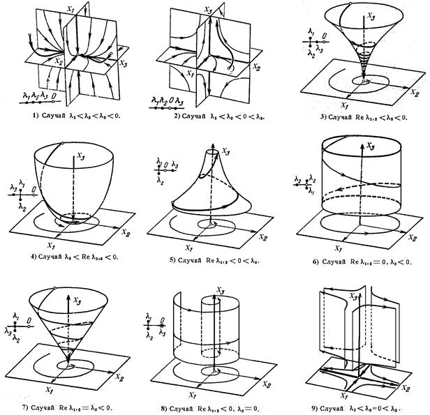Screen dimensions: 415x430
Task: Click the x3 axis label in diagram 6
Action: coord(373,146)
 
